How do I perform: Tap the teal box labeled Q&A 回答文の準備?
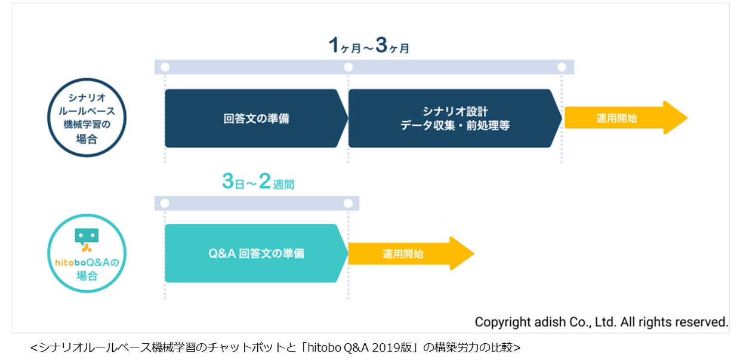pos(256,253)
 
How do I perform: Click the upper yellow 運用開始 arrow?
pos(626,118)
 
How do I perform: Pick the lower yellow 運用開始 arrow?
pos(411,253)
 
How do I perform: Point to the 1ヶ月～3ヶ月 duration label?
pos(369,45)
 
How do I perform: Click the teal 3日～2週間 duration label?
pos(258,181)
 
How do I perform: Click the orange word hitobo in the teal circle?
pos(70,262)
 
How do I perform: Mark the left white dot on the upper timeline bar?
pos(165,67)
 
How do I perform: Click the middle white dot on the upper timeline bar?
pos(349,67)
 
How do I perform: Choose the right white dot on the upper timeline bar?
pos(562,67)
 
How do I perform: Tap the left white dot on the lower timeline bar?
pos(165,204)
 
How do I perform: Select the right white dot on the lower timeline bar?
pos(349,204)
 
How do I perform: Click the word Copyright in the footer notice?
pos(502,322)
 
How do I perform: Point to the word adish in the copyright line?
pos(550,322)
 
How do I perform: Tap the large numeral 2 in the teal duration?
pos(265,181)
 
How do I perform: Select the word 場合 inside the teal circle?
pos(87,276)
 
